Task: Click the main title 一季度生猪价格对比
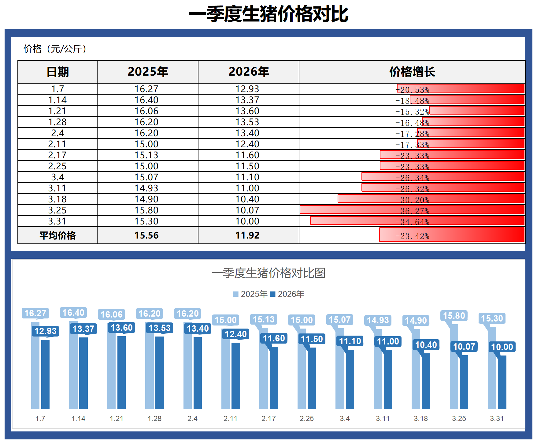[268, 14]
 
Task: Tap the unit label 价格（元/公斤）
[55, 49]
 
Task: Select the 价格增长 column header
[412, 72]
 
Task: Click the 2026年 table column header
[248, 72]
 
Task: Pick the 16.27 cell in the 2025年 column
[146, 89]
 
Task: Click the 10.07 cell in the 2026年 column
[247, 210]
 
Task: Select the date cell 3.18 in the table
[57, 199]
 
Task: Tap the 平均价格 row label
[57, 235]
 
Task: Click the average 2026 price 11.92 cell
[247, 235]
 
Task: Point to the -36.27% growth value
[412, 211]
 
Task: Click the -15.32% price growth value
[412, 112]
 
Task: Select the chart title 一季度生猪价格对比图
[268, 273]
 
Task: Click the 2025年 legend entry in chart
[250, 294]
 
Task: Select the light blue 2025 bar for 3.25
[454, 367]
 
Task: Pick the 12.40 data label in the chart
[235, 334]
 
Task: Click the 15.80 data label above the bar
[454, 315]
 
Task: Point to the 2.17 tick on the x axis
[268, 418]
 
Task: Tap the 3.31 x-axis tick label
[497, 418]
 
